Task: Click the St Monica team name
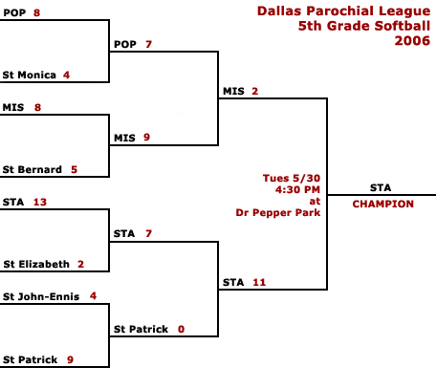tap(30, 75)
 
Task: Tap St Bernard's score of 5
tap(74, 169)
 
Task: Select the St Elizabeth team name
tap(36, 264)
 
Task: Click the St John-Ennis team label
tap(41, 296)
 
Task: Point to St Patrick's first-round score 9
tap(70, 359)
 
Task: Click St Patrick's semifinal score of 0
tap(181, 329)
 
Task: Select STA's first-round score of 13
tap(40, 202)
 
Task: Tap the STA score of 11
tap(259, 282)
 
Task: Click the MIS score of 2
tap(254, 91)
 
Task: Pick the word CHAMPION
tap(383, 204)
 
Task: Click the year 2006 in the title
tap(412, 41)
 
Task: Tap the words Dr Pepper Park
tap(278, 212)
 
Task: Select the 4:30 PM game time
tap(297, 189)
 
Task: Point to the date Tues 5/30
tap(292, 178)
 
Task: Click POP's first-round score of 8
tap(36, 12)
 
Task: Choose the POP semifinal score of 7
tap(148, 44)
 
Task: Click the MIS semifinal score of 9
tap(146, 138)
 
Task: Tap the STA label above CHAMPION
tap(381, 187)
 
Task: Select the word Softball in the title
tap(403, 26)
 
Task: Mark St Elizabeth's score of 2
tap(80, 264)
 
